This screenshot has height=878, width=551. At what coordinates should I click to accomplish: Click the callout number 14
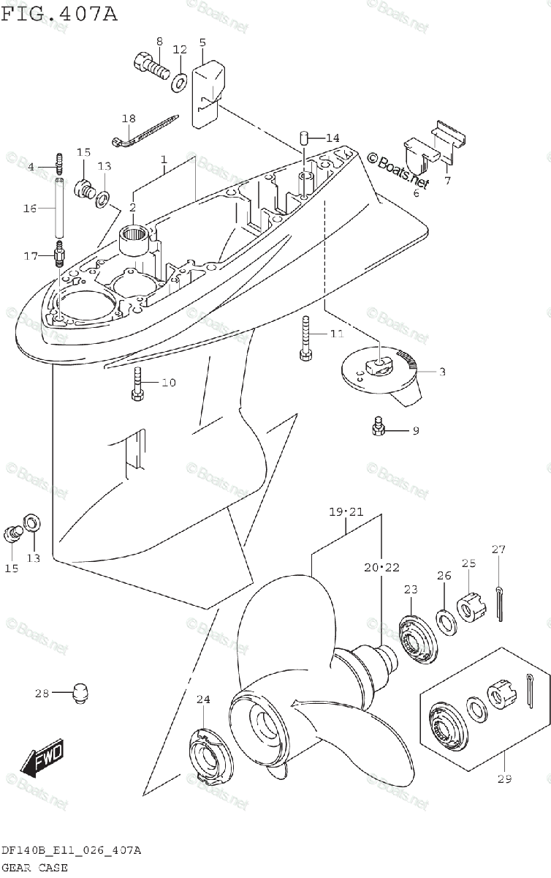click(x=332, y=138)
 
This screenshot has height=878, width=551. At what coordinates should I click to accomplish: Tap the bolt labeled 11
click(x=306, y=337)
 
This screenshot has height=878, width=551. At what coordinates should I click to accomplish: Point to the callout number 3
click(x=442, y=372)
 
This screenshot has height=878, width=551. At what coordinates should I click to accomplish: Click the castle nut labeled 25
click(x=468, y=607)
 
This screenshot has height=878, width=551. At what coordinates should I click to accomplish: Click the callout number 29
click(x=504, y=778)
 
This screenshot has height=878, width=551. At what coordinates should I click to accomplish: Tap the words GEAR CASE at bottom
click(x=34, y=868)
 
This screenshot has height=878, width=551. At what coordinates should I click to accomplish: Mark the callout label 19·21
click(x=346, y=511)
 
